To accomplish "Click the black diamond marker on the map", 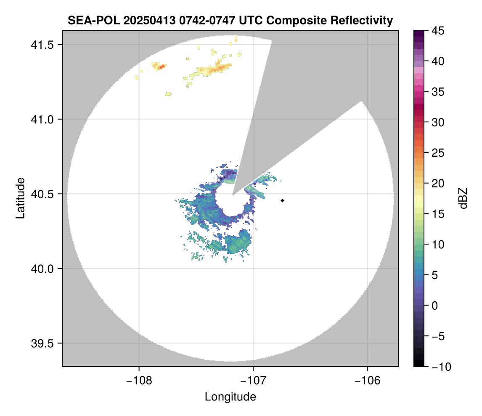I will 283,200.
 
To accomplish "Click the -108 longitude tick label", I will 139,381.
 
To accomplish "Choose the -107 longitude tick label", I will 253,381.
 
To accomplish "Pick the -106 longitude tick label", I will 368,381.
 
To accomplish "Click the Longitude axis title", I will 230,397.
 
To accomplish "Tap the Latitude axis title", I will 20,198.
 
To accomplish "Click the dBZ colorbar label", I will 463,198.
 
